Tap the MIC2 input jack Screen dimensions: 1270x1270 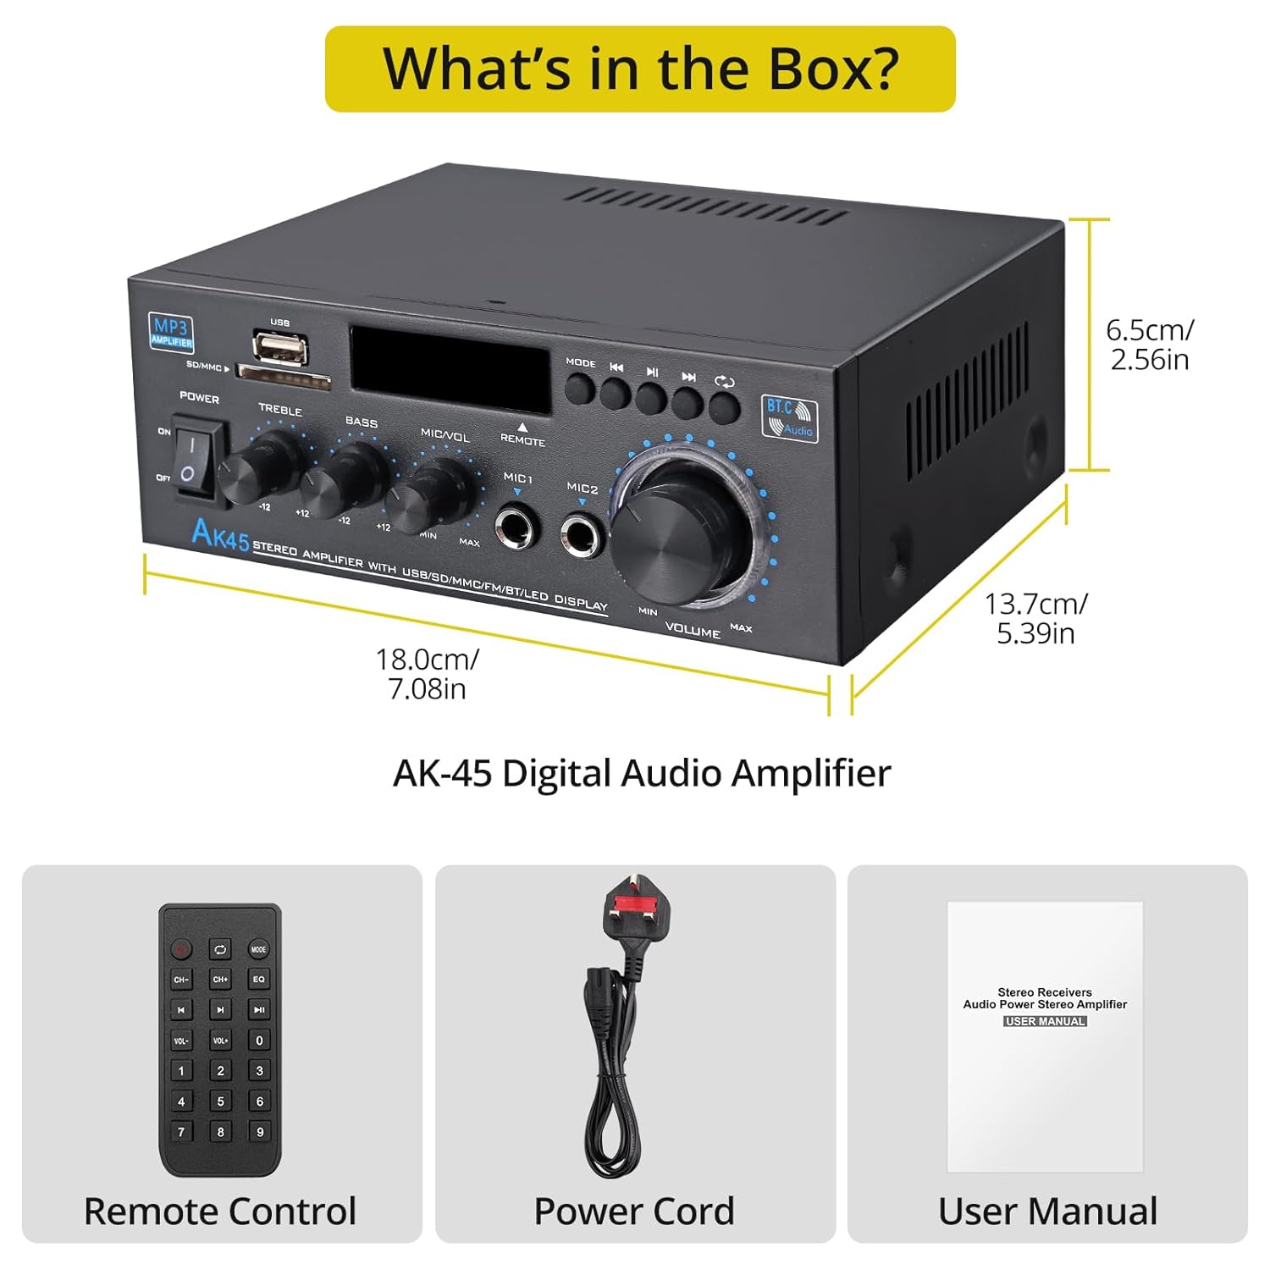point(582,537)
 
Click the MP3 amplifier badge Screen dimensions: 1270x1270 point(172,331)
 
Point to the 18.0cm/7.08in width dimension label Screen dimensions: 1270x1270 point(427,673)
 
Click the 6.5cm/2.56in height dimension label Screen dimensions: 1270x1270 point(1150,345)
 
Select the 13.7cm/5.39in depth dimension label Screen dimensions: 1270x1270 point(1035,618)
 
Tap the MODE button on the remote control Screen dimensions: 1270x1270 point(258,949)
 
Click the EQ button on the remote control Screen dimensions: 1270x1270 point(258,980)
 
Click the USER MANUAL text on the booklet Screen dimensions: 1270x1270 point(1045,1021)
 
